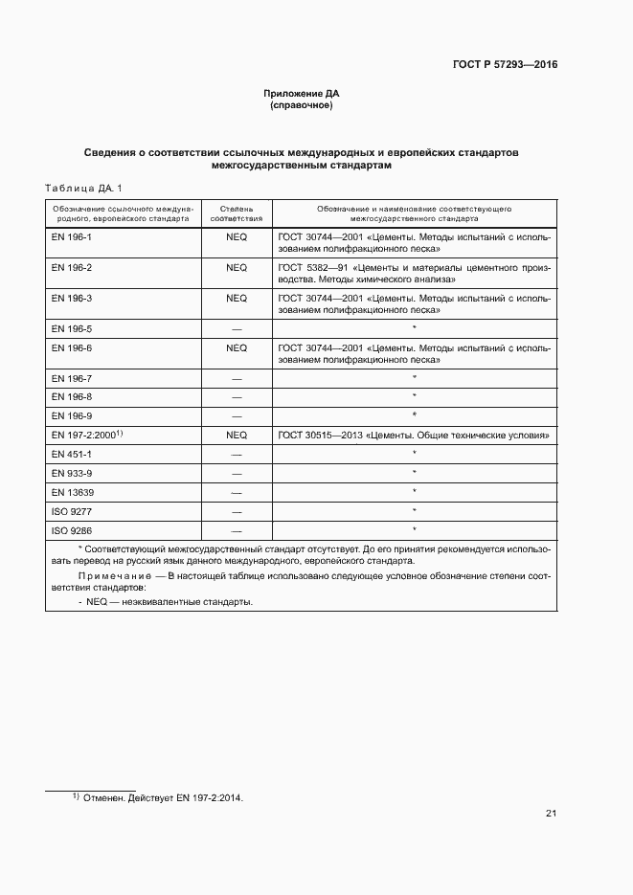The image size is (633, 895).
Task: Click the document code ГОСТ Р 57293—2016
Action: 505,65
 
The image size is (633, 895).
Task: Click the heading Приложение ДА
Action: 302,93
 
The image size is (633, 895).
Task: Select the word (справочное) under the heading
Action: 302,105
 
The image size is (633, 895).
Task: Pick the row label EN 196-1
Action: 72,235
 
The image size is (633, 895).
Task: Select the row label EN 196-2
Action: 72,267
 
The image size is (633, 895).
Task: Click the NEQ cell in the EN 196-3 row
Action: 237,299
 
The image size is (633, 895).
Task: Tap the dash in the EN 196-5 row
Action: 237,329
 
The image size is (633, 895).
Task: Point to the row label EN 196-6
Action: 72,348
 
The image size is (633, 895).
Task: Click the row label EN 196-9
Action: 72,414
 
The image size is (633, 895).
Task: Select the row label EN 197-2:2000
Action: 84,435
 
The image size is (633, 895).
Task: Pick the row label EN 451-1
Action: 72,454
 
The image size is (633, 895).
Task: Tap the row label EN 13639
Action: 71,492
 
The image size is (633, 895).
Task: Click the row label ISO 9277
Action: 71,511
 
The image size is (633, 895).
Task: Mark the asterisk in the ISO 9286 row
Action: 414,529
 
